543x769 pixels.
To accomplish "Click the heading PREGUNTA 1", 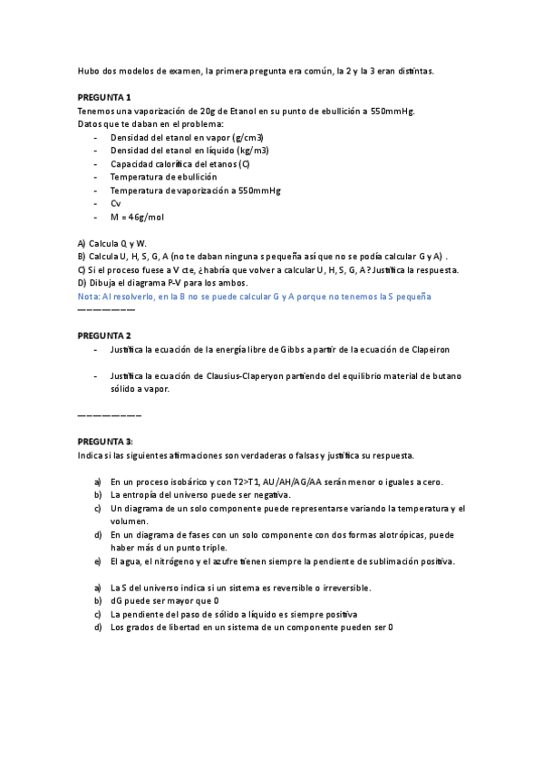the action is tap(103, 97).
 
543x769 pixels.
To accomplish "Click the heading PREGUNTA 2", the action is tap(103, 336).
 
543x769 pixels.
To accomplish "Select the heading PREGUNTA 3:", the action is tap(105, 441).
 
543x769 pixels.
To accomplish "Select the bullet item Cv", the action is tap(116, 204).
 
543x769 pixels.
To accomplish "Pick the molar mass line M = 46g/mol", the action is tap(137, 218).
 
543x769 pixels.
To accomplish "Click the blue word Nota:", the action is tap(90, 297).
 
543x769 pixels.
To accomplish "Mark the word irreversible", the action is tap(394, 588).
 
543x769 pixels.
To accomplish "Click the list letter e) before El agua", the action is tap(98, 560).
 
